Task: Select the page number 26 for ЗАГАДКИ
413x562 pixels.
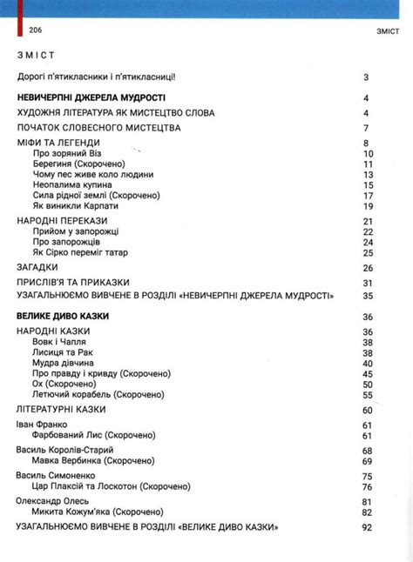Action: [x=368, y=268]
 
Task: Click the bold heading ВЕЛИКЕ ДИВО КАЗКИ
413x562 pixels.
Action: [x=63, y=316]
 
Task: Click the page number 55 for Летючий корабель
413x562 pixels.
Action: [x=368, y=394]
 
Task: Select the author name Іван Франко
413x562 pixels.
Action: [x=42, y=424]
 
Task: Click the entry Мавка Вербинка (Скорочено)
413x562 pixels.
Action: [x=92, y=460]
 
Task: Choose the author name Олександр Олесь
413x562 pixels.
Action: [x=54, y=502]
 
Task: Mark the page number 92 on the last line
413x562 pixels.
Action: [x=367, y=528]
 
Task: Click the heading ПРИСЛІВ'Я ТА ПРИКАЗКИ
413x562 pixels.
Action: [x=73, y=283]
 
